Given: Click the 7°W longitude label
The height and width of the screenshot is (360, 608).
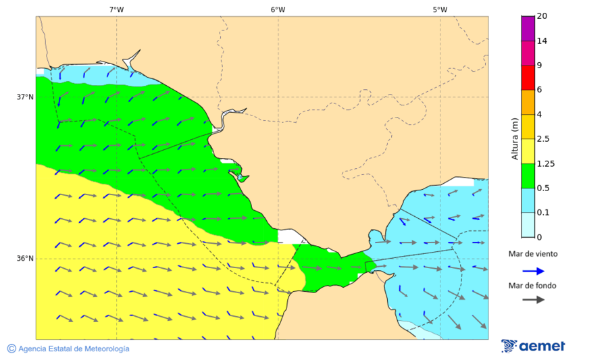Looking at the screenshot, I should click(x=116, y=9).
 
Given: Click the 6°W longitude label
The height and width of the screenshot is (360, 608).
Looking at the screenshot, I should click(x=278, y=9).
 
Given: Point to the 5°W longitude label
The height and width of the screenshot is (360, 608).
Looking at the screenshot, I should click(x=440, y=9).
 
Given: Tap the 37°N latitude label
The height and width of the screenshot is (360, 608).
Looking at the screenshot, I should click(x=25, y=97).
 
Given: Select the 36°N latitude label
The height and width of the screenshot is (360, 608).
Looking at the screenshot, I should click(x=25, y=258).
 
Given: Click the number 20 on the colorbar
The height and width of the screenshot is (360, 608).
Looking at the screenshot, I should click(x=542, y=16).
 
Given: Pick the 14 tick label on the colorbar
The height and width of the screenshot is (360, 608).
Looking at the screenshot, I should click(x=542, y=41).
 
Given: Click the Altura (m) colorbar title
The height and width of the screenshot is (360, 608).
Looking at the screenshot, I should click(x=515, y=138).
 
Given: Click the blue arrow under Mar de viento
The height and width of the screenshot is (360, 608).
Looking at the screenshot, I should click(x=533, y=271).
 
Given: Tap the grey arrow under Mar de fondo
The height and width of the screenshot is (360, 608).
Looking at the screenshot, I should click(x=533, y=299).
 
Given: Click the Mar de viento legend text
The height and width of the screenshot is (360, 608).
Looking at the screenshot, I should click(x=533, y=254).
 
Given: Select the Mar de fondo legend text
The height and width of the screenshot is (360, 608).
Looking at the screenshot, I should click(x=533, y=285).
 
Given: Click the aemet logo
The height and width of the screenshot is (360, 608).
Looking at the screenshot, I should click(x=533, y=346).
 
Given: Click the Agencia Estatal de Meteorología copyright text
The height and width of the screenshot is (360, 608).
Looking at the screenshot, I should click(x=68, y=349).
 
